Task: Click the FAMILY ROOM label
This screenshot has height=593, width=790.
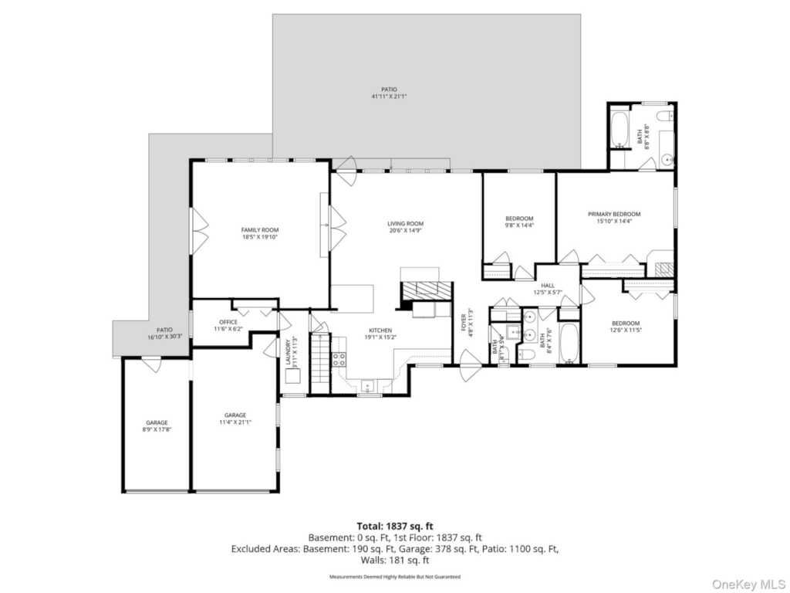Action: [x=260, y=230]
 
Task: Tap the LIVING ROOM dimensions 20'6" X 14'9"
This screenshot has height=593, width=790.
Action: [x=405, y=231]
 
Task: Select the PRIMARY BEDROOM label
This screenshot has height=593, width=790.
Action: [x=614, y=214]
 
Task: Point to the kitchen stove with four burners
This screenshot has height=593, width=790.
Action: [x=338, y=359]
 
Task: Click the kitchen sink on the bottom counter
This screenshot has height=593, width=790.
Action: [x=368, y=386]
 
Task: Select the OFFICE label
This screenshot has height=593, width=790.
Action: [x=228, y=322]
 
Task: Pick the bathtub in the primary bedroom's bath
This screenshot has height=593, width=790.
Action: [x=620, y=130]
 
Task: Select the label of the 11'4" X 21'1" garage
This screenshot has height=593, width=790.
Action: [x=235, y=415]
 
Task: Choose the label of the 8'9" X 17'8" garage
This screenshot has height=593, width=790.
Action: [x=157, y=423]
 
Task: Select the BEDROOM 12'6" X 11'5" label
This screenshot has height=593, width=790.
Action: [x=626, y=324]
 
